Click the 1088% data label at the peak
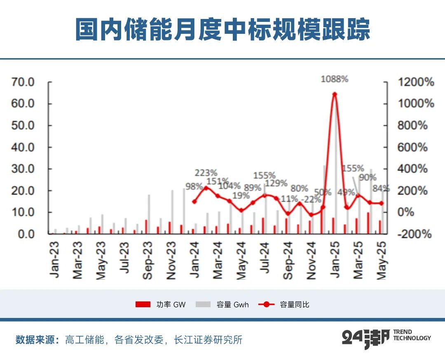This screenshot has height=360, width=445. [x=335, y=79]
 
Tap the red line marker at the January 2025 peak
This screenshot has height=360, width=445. [x=335, y=94]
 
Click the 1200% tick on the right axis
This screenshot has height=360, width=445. [x=416, y=82]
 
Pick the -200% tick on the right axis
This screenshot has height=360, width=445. [x=415, y=234]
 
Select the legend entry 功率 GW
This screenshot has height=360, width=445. [x=161, y=305]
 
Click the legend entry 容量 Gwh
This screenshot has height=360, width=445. [x=222, y=305]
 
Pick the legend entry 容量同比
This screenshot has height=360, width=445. [x=284, y=305]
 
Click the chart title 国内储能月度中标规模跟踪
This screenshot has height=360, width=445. [x=222, y=29]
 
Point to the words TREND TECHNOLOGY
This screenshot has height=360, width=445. [x=412, y=335]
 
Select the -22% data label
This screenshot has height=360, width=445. [x=311, y=200]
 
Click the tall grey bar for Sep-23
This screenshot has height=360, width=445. [x=149, y=214]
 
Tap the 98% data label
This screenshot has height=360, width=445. [x=194, y=186]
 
